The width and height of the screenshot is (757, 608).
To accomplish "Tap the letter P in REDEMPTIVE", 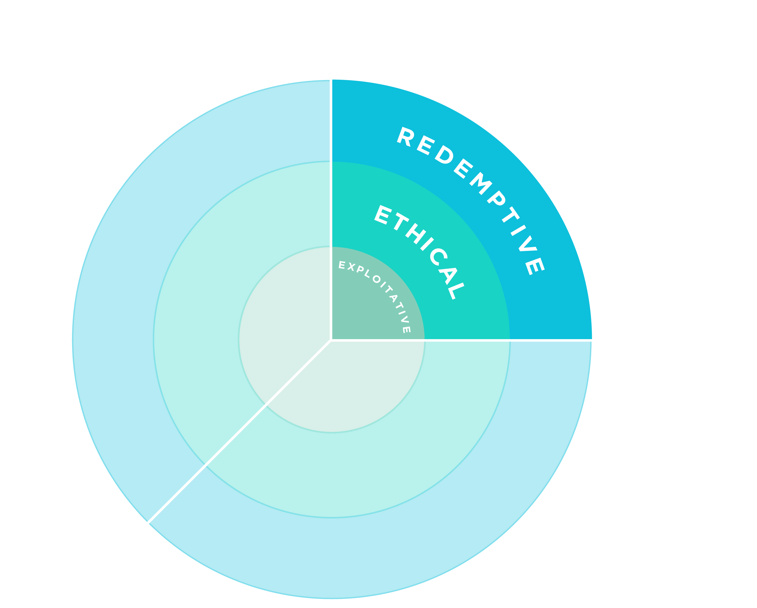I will coord(497,198).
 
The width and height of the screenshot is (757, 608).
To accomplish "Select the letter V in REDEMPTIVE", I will coord(528,244).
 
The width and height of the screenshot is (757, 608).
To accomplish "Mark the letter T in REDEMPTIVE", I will coord(511,214).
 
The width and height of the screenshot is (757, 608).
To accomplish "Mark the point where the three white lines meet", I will coord(331,340).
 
